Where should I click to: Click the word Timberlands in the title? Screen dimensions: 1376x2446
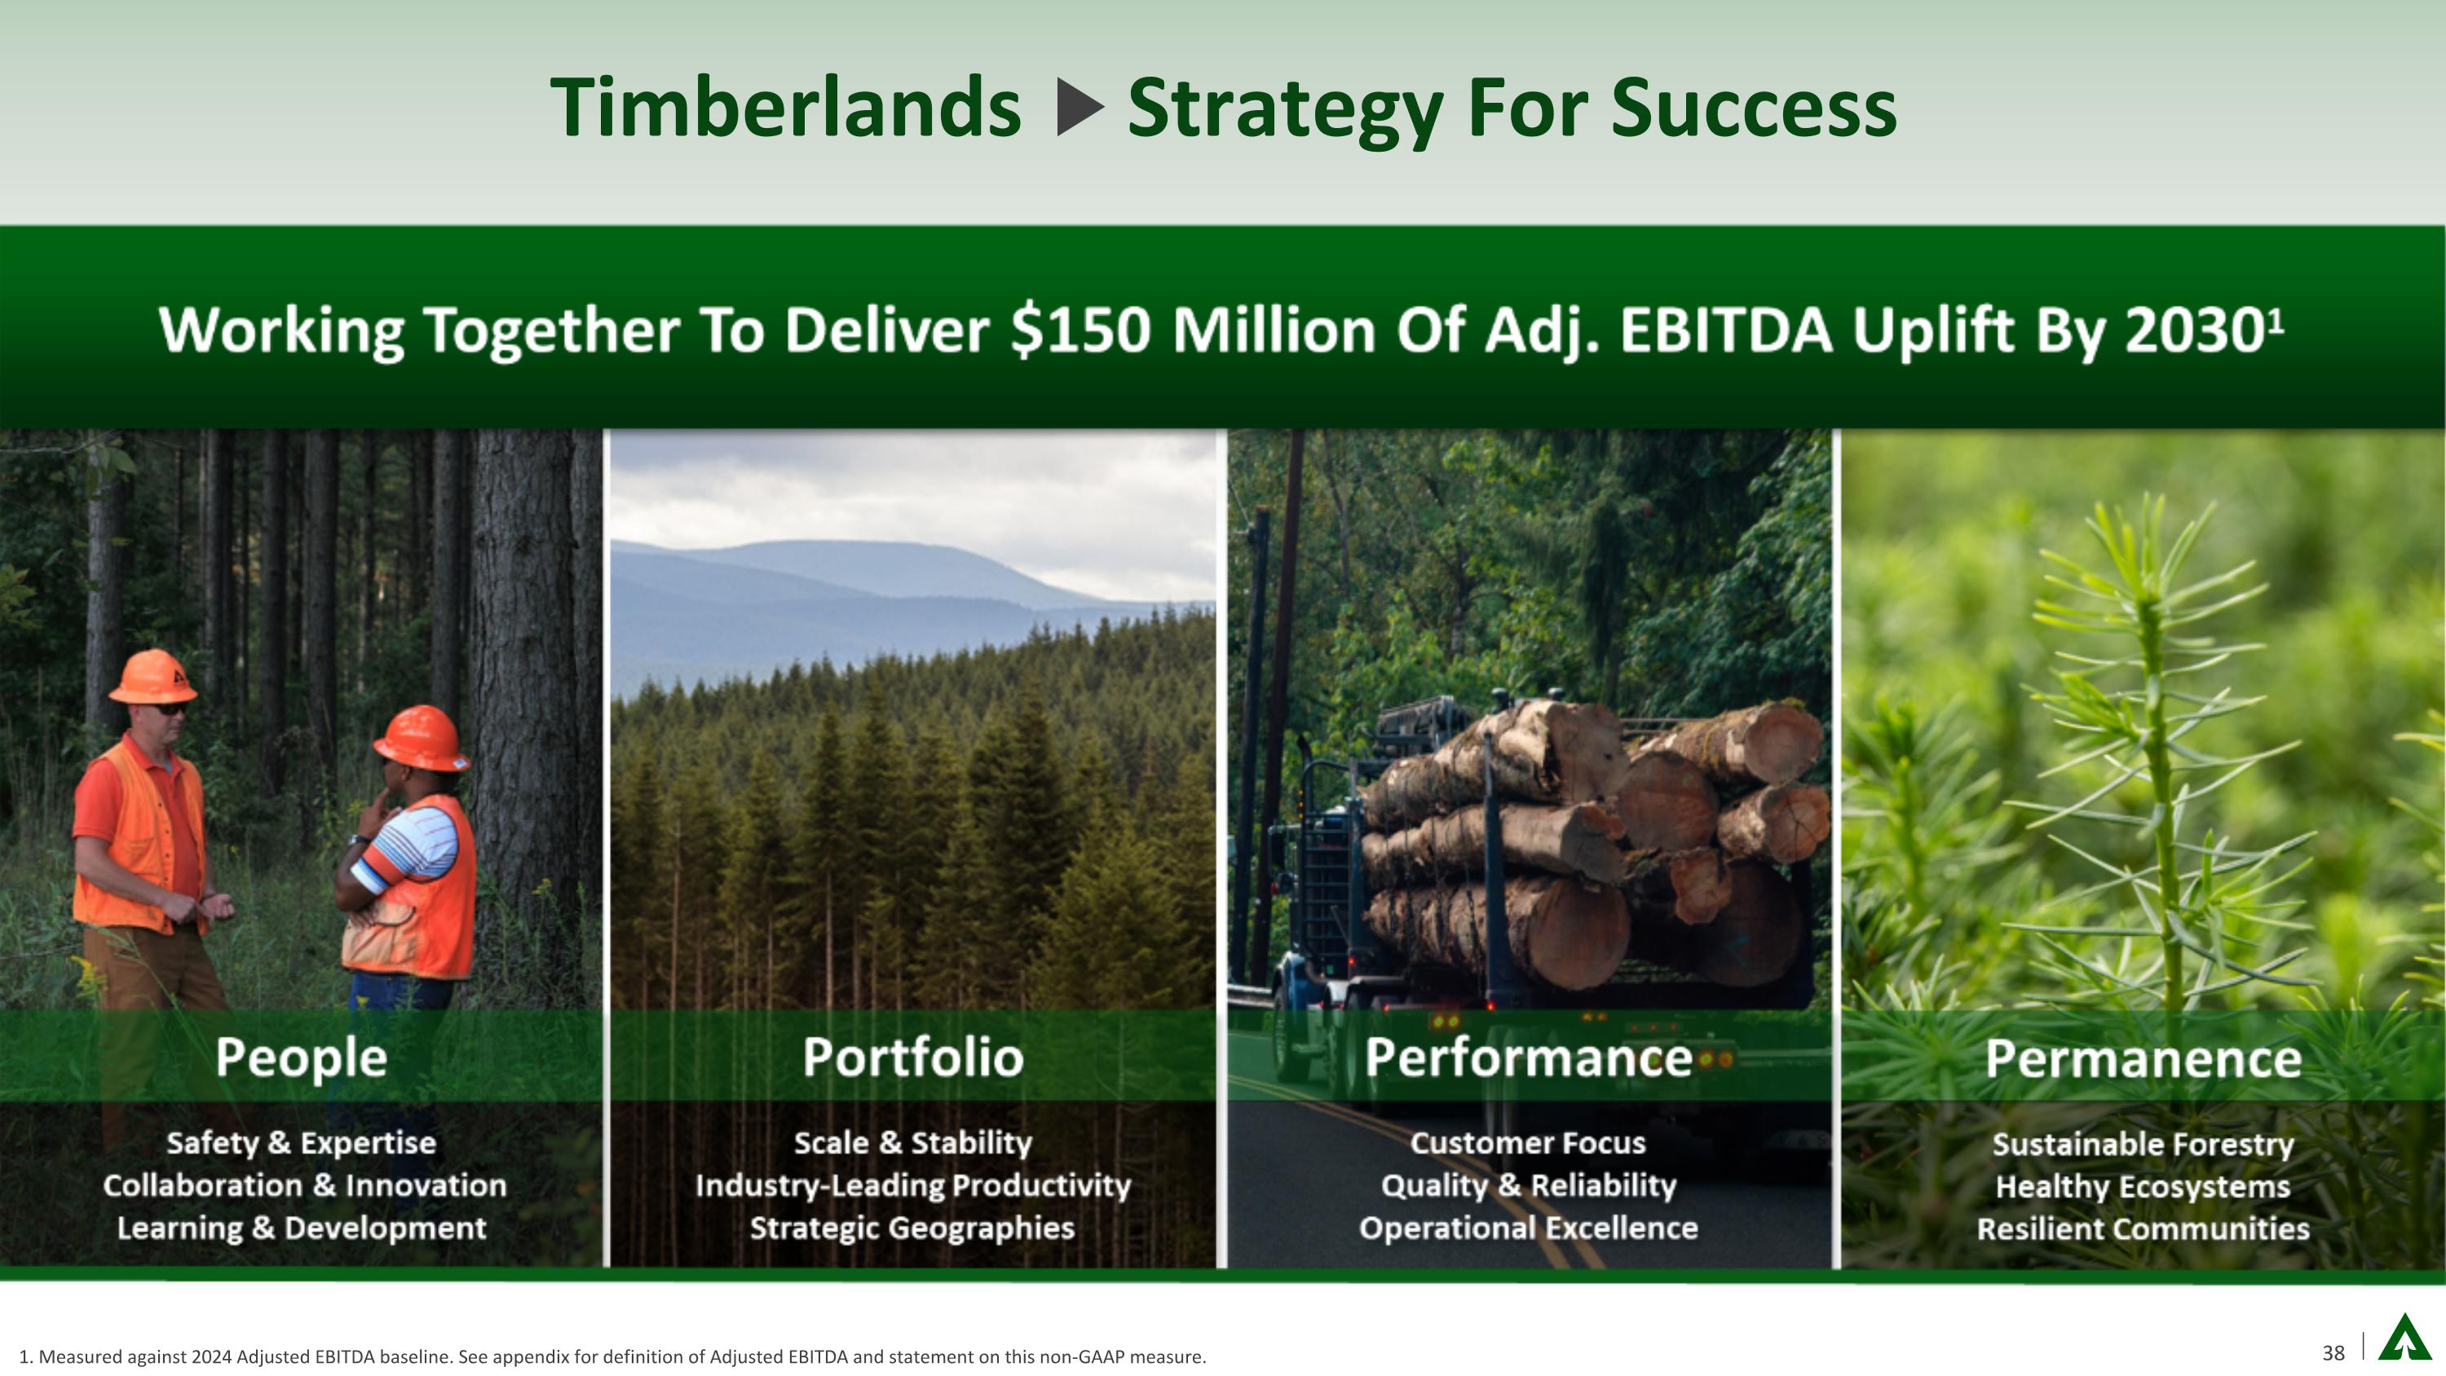pos(785,108)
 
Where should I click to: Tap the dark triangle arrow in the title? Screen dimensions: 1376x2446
pos(1080,108)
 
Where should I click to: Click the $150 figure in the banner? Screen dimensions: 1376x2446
pos(1080,330)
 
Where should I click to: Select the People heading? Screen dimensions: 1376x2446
pos(301,1057)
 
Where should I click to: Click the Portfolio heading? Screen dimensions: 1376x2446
pos(912,1057)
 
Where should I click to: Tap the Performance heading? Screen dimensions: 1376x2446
pos(1528,1057)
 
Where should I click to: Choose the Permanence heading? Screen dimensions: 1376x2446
pos(2142,1058)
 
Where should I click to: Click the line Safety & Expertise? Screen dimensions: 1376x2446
pos(301,1143)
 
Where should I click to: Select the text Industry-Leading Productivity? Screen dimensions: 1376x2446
pos(912,1185)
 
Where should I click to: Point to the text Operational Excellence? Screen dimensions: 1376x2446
pos(1528,1228)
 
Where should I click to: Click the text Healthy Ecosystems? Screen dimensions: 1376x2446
pos(2142,1186)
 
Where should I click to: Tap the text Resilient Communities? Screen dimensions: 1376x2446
pos(2142,1229)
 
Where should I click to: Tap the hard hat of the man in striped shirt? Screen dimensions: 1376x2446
pos(421,738)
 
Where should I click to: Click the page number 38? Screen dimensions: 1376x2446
pos(2333,1353)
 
